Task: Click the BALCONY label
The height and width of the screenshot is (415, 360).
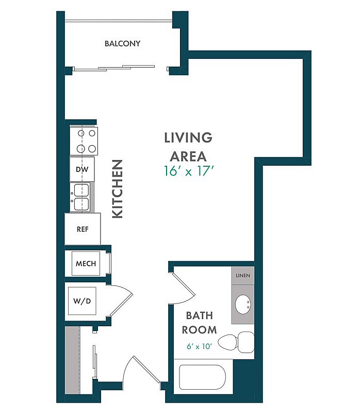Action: point(122,43)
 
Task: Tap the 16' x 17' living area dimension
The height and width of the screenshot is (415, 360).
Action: point(188,171)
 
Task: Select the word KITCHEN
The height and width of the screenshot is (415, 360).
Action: point(118,189)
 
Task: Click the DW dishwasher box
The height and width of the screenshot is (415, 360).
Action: point(82,169)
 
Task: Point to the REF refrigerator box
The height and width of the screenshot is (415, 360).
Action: point(83,229)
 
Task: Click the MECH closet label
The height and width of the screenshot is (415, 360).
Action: point(86,264)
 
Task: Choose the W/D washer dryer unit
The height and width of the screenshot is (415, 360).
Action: point(82,301)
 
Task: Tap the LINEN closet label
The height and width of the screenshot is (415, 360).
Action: point(243,276)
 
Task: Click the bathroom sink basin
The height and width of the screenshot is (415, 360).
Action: point(243,305)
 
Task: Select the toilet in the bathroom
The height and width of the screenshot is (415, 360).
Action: point(236,342)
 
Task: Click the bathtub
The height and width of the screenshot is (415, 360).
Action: point(203,377)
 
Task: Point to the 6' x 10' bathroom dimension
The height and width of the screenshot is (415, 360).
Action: point(199,346)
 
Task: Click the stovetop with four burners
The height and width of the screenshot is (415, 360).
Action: point(84,141)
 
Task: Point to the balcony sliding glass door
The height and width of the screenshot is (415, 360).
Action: point(114,68)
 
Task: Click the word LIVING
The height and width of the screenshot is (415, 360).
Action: point(188,138)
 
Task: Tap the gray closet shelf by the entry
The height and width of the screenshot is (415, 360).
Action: point(73,360)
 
